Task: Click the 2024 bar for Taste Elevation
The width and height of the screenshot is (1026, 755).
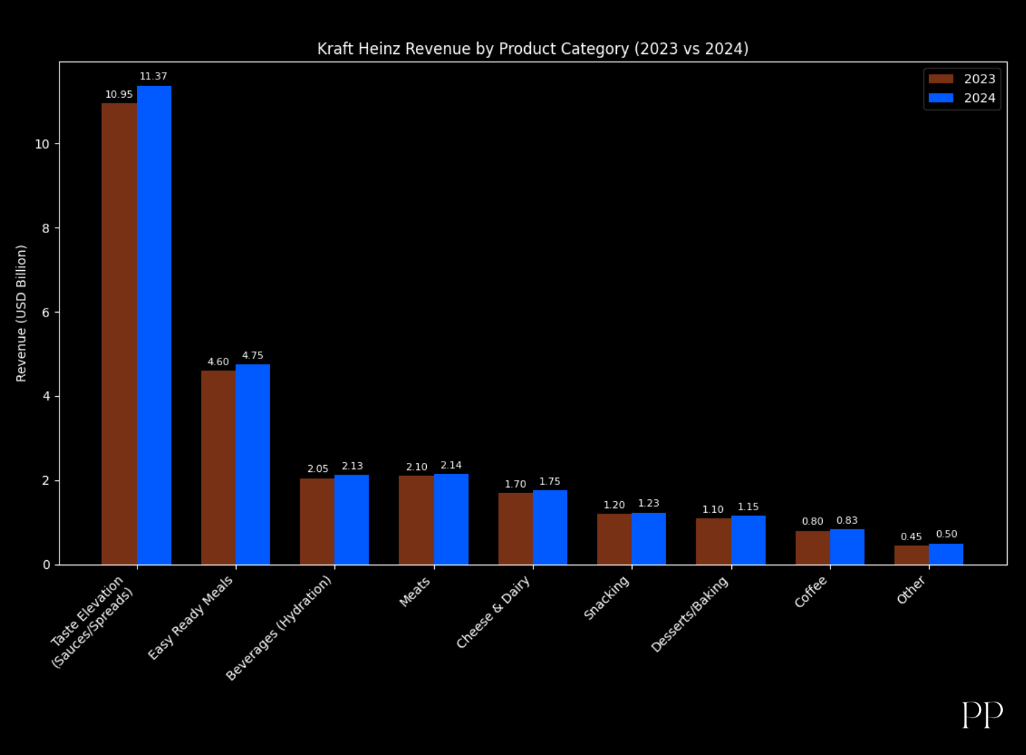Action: click(154, 325)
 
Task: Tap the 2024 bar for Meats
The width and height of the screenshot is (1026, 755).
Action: click(451, 519)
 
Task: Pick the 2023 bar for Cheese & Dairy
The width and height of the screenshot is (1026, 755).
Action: click(515, 529)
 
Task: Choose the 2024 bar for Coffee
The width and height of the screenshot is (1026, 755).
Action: click(847, 546)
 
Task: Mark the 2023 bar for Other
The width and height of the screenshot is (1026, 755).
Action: click(911, 555)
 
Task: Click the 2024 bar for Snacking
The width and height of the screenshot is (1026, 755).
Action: click(648, 538)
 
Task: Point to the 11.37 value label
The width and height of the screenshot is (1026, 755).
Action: click(153, 76)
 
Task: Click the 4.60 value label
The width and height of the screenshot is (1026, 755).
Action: click(218, 362)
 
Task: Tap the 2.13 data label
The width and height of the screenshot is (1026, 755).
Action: click(352, 466)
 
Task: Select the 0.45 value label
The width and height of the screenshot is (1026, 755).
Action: click(911, 537)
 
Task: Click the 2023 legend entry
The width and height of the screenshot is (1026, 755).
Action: click(962, 79)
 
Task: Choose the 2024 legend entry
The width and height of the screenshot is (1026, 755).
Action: click(962, 98)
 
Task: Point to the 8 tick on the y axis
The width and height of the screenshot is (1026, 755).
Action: click(46, 228)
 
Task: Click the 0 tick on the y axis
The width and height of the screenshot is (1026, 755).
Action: click(46, 565)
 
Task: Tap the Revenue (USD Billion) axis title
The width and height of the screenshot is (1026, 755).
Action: click(21, 313)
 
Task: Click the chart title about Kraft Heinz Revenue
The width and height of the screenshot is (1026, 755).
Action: click(533, 49)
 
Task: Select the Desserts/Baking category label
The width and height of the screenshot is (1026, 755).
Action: click(690, 614)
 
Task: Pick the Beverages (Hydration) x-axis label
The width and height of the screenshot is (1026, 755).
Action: click(279, 627)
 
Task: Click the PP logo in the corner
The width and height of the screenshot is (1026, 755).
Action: click(982, 715)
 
